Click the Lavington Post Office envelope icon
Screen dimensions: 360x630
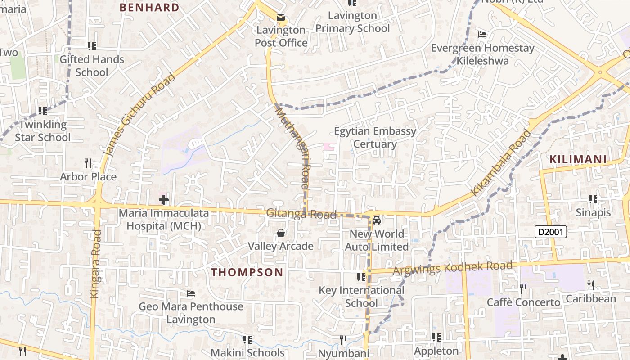pyautogui.click(x=281, y=18)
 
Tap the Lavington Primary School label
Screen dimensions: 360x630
pyautogui.click(x=352, y=22)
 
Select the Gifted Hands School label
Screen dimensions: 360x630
pyautogui.click(x=92, y=66)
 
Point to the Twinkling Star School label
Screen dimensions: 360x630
pyautogui.click(x=43, y=131)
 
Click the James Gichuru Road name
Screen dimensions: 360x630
pyautogui.click(x=139, y=115)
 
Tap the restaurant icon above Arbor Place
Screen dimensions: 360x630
pyautogui.click(x=88, y=163)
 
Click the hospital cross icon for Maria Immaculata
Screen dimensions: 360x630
pyautogui.click(x=164, y=199)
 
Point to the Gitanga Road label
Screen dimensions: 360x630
pyautogui.click(x=301, y=214)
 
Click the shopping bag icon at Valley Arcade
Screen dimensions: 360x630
pyautogui.click(x=281, y=233)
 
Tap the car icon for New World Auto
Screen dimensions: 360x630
pyautogui.click(x=377, y=220)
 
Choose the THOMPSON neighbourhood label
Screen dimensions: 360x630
pyautogui.click(x=247, y=272)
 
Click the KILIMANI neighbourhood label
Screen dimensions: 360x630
pyautogui.click(x=578, y=159)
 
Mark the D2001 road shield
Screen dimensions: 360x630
pyautogui.click(x=550, y=232)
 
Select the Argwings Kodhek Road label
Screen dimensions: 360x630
pyautogui.click(x=452, y=268)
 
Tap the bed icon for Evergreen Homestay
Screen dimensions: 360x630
pyautogui.click(x=482, y=35)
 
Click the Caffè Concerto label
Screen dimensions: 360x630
pyautogui.click(x=523, y=302)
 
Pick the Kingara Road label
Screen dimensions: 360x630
pyautogui.click(x=95, y=263)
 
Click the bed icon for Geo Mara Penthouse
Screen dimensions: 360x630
pyautogui.click(x=191, y=293)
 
